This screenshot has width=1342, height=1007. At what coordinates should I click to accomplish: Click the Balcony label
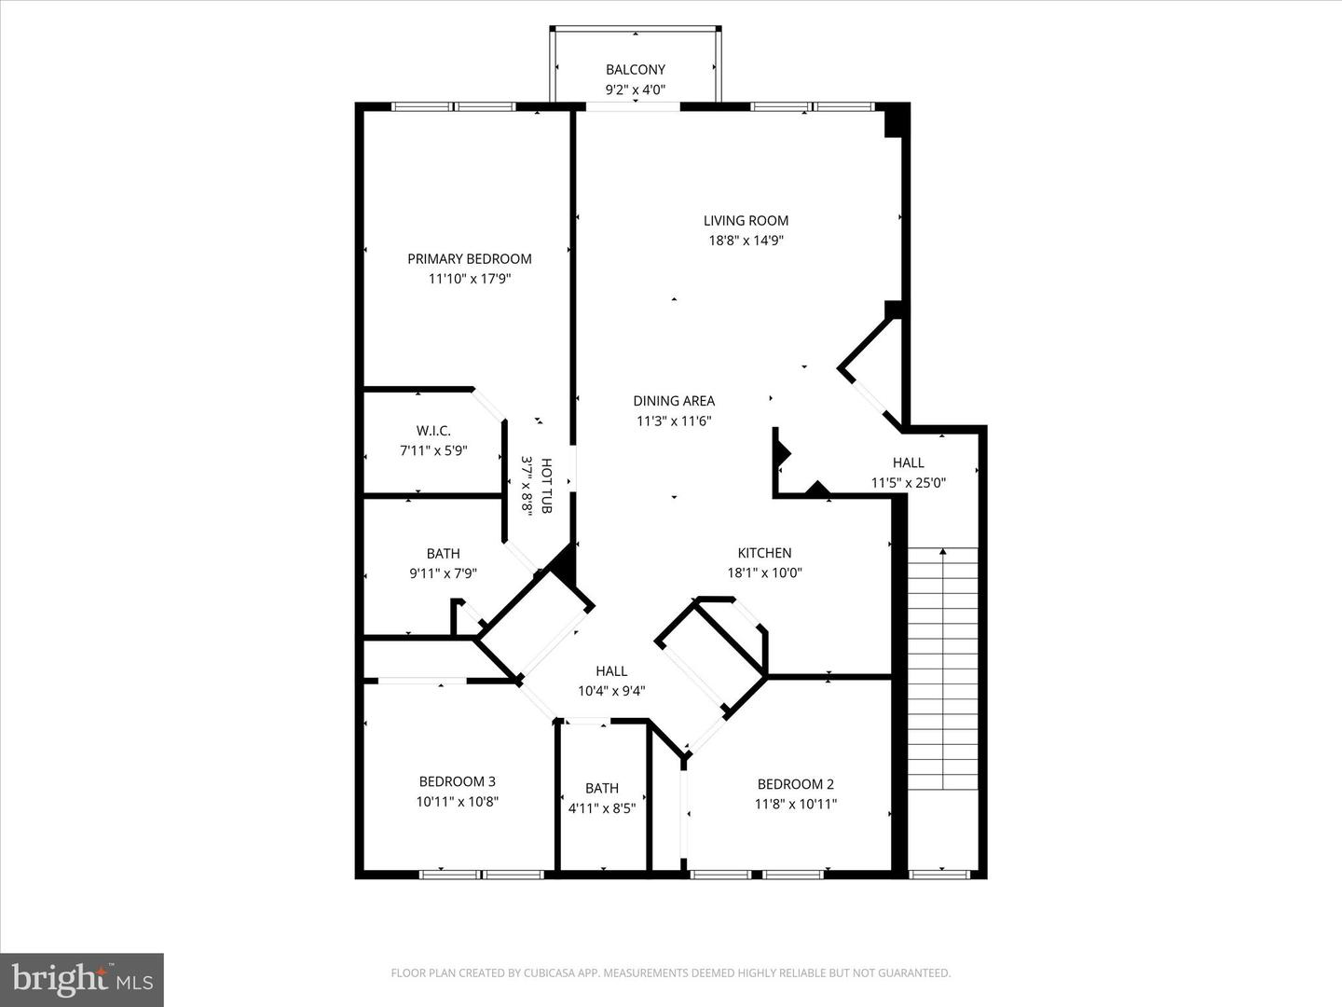pyautogui.click(x=635, y=69)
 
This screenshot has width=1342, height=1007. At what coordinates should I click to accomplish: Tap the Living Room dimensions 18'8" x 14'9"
pyautogui.click(x=746, y=241)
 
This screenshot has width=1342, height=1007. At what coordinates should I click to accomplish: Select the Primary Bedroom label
pyautogui.click(x=469, y=258)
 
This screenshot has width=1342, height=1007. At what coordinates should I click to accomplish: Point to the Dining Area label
pyautogui.click(x=674, y=401)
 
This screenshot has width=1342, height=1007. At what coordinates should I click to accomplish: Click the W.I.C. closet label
pyautogui.click(x=433, y=431)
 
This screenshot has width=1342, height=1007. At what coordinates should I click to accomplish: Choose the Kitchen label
pyautogui.click(x=764, y=553)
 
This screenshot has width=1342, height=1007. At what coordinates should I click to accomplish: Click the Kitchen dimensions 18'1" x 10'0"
pyautogui.click(x=764, y=573)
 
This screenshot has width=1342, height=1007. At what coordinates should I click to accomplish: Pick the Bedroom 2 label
pyautogui.click(x=795, y=784)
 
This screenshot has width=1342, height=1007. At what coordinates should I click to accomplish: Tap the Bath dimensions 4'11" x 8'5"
pyautogui.click(x=601, y=808)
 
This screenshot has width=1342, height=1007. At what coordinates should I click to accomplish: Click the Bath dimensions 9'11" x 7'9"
pyautogui.click(x=443, y=574)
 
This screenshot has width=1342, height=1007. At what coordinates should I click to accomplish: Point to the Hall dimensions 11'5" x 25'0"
pyautogui.click(x=909, y=483)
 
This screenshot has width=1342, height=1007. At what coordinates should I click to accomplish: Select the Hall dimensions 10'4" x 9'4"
pyautogui.click(x=611, y=691)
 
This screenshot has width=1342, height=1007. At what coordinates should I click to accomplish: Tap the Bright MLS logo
pyautogui.click(x=81, y=979)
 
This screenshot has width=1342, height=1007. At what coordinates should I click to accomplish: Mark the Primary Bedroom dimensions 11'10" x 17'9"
pyautogui.click(x=469, y=279)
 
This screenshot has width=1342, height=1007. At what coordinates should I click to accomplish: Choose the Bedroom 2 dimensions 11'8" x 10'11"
pyautogui.click(x=795, y=804)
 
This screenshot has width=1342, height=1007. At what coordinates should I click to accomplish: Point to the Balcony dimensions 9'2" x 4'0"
pyautogui.click(x=635, y=90)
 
